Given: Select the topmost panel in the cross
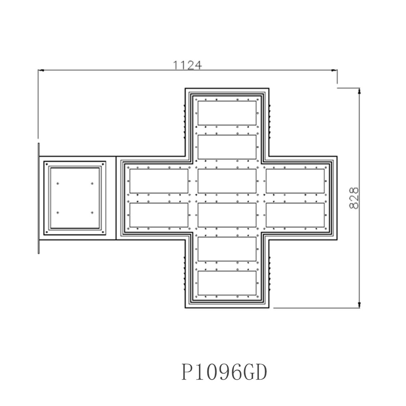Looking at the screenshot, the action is [227, 113].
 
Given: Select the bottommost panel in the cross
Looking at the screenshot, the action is [227, 283].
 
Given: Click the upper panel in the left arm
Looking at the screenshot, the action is [159, 181].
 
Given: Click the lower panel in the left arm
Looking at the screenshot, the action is [159, 215].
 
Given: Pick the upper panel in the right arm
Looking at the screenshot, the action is [295, 181].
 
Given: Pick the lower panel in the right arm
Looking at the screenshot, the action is [295, 215].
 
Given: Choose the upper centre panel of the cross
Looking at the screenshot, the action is [227, 181].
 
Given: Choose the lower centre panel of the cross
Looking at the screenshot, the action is [227, 215].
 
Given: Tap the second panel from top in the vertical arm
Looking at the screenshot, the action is [227, 147].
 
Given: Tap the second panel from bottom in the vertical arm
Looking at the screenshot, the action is [227, 249].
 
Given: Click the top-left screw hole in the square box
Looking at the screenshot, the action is [58, 183].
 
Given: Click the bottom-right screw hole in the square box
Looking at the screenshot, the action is [92, 212].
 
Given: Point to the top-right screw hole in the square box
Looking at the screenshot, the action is [92, 183].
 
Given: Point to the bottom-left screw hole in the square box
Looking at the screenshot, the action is [58, 212].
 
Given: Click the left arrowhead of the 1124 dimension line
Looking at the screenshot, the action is [41, 70].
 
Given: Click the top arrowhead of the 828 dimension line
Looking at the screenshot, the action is [359, 91].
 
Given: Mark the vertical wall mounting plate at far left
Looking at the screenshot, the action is [39, 198].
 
